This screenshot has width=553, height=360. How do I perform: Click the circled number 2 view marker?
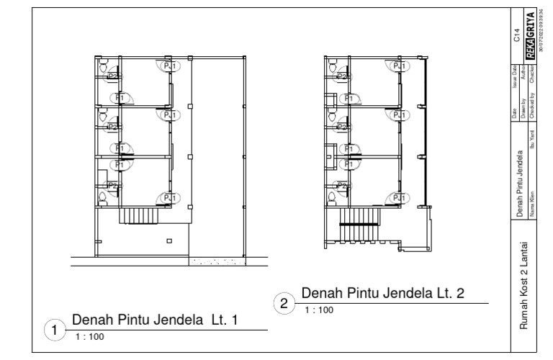[285, 303]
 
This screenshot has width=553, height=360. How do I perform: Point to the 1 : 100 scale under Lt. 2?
[318, 310]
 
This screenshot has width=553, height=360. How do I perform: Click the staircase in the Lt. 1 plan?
[141, 215]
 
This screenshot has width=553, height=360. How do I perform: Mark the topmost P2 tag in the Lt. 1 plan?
[112, 75]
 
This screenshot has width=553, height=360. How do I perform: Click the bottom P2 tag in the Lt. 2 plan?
[342, 186]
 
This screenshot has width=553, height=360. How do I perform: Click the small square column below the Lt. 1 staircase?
[169, 240]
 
